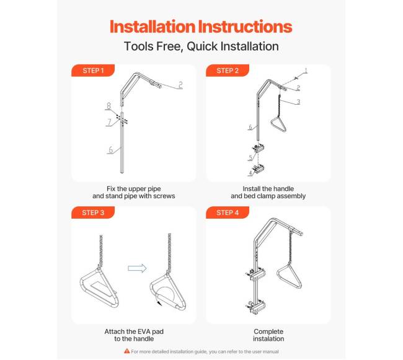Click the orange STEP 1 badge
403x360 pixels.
coord(93,71)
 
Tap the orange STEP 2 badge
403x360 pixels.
coord(228,71)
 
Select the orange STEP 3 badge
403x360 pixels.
coord(93,213)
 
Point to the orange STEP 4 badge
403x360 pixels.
coord(228,213)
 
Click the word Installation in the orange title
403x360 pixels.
coord(153,27)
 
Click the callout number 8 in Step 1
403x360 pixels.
coord(109,105)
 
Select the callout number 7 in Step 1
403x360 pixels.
coord(110,122)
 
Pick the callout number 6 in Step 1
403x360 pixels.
coord(111,149)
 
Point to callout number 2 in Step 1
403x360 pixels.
coord(180,85)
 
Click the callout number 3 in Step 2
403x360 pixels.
coord(298,102)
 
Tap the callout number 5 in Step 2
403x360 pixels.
coord(250,157)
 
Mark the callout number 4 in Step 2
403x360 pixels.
coord(250,173)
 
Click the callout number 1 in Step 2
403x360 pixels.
coord(306,71)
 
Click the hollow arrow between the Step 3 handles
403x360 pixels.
coord(137,268)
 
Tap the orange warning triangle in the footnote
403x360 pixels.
coord(126,351)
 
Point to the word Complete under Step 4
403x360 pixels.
coord(268,331)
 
